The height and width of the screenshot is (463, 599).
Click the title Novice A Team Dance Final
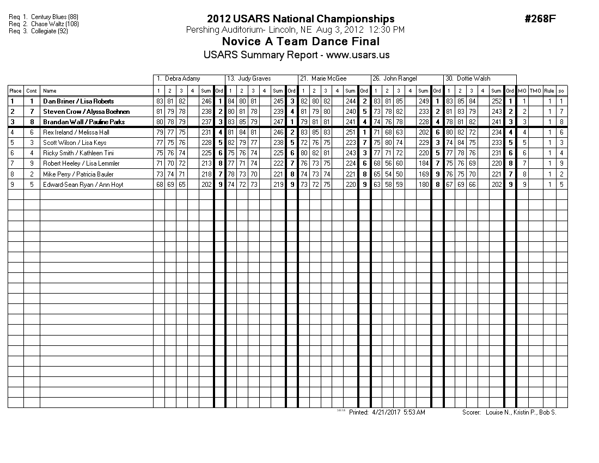[301, 42]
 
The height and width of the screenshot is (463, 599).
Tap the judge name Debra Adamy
[183, 78]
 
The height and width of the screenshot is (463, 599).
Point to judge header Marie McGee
[328, 78]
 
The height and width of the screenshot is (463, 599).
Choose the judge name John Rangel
[401, 78]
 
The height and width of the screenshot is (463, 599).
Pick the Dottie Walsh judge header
[473, 78]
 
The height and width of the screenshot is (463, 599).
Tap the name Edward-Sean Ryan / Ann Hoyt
[83, 185]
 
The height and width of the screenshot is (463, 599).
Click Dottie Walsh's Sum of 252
[496, 101]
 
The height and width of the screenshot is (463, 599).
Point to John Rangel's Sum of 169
[423, 174]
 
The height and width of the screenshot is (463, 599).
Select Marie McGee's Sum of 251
[351, 132]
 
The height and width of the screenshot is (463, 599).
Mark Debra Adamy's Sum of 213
[206, 163]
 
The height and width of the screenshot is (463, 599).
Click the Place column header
[15, 91]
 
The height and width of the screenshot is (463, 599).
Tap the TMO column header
[535, 91]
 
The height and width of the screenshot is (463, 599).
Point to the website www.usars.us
[358, 55]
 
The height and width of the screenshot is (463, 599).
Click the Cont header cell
[32, 91]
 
